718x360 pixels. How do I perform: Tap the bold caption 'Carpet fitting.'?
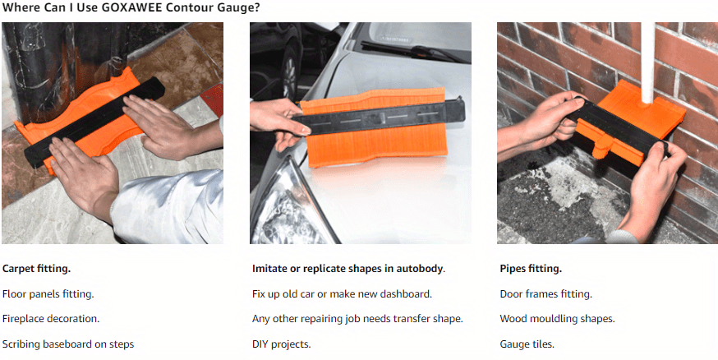click(37, 269)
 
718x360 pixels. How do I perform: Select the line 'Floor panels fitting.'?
click(48, 294)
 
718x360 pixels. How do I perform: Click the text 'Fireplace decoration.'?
click(51, 319)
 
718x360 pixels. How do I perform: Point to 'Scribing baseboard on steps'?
click(68, 344)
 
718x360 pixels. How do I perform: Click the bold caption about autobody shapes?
click(348, 269)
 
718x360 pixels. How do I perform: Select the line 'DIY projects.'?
click(282, 344)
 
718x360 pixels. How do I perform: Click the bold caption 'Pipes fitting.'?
click(531, 269)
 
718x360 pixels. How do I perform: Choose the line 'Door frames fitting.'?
click(545, 294)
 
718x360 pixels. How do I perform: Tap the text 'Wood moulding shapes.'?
click(557, 319)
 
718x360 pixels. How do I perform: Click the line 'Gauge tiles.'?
click(527, 344)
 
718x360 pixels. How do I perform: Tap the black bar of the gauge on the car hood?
click(380, 118)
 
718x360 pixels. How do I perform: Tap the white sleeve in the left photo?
click(168, 206)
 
